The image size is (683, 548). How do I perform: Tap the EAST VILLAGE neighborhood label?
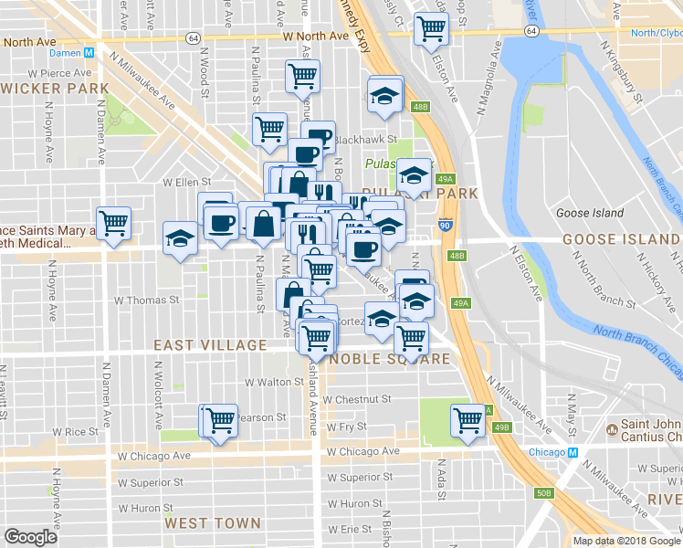click(210, 345)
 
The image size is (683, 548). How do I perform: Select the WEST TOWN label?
click(213, 523)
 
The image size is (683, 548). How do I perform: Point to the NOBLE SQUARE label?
click(391, 359)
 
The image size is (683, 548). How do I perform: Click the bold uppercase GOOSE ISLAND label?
click(621, 238)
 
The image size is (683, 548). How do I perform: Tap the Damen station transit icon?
click(89, 53)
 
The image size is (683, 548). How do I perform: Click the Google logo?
click(31, 537)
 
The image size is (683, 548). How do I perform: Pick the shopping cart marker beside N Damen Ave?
click(114, 222)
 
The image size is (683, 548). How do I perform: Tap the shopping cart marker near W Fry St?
click(468, 420)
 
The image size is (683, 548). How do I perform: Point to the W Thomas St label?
click(146, 300)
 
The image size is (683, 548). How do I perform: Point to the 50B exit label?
click(544, 493)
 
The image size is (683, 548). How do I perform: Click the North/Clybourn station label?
click(657, 32)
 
